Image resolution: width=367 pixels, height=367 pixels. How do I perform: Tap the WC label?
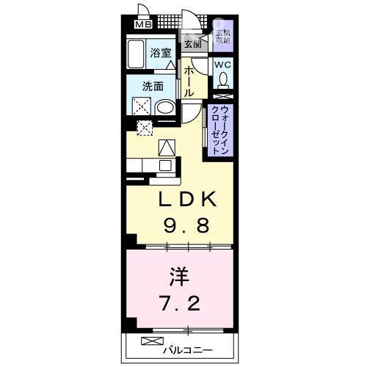pyautogui.click(x=223, y=65)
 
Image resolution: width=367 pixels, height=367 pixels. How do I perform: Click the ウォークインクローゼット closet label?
pyautogui.click(x=219, y=129)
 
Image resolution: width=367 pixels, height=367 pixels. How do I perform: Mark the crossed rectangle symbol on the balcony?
pyautogui.click(x=150, y=343)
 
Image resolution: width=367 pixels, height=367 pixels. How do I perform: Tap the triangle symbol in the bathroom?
pyautogui.click(x=170, y=65)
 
